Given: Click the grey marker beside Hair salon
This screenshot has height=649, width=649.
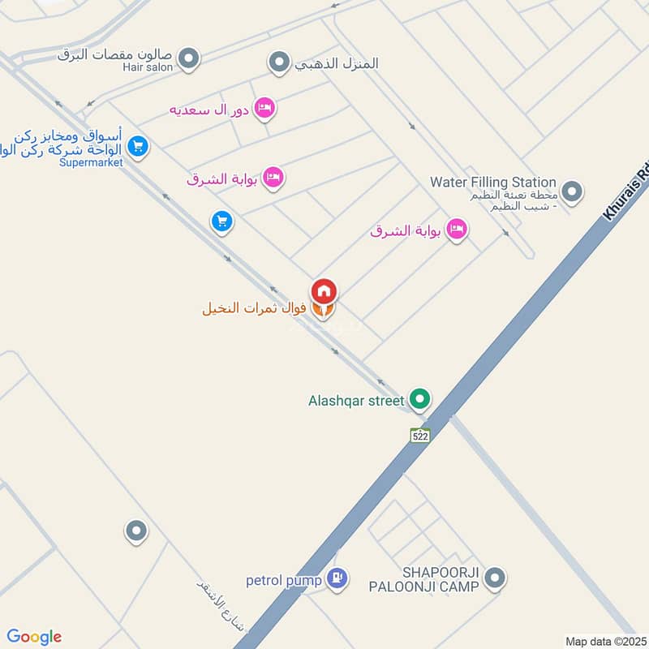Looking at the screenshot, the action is coord(189,58).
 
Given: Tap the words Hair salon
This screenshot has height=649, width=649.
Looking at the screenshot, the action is coord(148,67).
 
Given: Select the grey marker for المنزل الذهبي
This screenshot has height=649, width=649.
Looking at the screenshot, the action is coord(279,62).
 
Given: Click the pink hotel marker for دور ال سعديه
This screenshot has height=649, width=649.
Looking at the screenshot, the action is coord(264,108).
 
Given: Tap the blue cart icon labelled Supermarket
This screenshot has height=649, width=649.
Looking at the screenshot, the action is coord(139,147).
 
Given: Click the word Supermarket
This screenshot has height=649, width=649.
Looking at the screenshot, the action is coord(91,162).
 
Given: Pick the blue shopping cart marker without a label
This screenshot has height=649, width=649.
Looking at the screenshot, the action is coord(221,221).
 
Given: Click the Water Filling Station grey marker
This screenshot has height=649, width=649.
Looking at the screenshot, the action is coord(573,192).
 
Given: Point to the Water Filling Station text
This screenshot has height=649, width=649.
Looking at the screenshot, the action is coord(493,183).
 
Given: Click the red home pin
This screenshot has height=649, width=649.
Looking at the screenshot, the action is coord(324,290).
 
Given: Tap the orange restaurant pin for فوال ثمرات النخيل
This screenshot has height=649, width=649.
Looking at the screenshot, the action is coord(323,310).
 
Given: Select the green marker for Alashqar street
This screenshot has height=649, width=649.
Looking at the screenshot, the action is coord(419,399).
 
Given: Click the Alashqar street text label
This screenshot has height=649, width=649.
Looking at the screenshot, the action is coord(355,400).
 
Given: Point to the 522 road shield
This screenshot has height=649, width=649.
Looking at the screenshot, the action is coord(419,436).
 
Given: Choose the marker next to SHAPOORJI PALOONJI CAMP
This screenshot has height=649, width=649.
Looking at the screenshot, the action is coord(495,578).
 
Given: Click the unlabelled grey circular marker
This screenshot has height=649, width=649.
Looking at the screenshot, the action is coord(135,531).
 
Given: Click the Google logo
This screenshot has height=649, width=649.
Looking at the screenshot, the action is coord(34,637).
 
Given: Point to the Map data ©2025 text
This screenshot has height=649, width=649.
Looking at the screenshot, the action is coord(604,642).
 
